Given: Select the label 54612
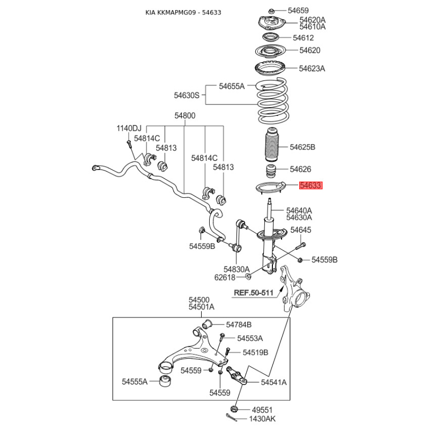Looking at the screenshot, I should [x=303, y=38].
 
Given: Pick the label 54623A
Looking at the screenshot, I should [x=312, y=68].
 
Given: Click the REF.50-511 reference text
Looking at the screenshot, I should [x=254, y=293].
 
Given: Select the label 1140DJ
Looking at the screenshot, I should [x=129, y=128].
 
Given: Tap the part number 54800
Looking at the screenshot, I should [x=184, y=115].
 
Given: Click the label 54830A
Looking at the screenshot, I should [x=236, y=269].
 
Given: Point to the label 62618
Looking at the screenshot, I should [x=225, y=277].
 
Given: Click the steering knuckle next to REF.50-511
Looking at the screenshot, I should [x=292, y=290].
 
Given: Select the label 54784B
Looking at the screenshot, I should [x=239, y=324].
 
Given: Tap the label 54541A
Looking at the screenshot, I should [x=274, y=382].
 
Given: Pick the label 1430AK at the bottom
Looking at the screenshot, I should [x=262, y=419].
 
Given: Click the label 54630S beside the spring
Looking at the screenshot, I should [x=186, y=95].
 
